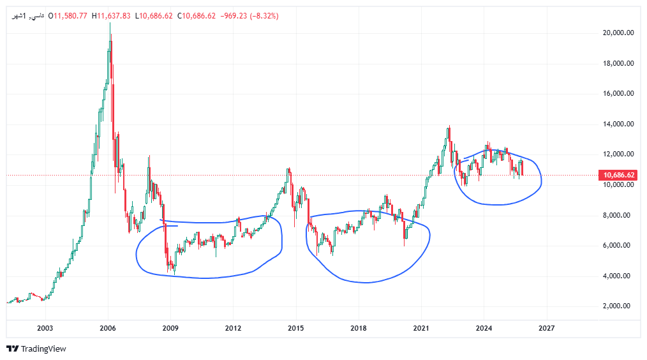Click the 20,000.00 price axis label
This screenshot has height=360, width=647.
click(x=618, y=33)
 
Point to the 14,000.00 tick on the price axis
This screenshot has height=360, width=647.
click(x=618, y=124)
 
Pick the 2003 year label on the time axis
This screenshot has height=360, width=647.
click(x=45, y=328)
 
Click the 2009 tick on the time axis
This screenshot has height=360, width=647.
click(x=170, y=328)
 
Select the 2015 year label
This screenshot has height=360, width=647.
click(x=295, y=328)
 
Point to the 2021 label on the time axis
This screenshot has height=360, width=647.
click(x=420, y=328)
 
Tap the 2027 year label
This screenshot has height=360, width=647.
click(x=546, y=328)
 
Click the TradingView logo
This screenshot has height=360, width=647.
click(x=36, y=349)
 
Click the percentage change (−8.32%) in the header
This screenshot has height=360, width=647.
click(x=265, y=15)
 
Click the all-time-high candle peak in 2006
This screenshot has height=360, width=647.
click(x=110, y=24)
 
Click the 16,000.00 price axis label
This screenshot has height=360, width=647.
click(x=618, y=94)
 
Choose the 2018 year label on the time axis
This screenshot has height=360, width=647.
click(x=358, y=328)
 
